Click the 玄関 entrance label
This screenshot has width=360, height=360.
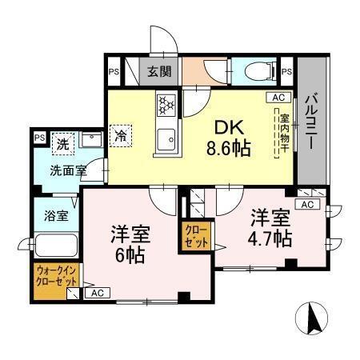pos(159,71)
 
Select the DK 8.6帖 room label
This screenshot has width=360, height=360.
pos(229,138)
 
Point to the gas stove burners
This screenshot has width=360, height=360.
pos(166,106)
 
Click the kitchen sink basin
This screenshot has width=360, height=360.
pos(166,139)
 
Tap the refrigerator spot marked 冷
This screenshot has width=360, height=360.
pos(121,136)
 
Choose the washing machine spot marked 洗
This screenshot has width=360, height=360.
pos(63,144)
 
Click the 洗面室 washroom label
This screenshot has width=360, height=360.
pos(68,170)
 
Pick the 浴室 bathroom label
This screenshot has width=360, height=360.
pos(56,215)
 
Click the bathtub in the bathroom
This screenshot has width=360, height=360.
pos(56,246)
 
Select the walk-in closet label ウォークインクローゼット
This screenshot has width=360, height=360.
pos(57,276)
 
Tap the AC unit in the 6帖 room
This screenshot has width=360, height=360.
pos(98,293)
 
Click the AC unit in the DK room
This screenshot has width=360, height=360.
pos(278,98)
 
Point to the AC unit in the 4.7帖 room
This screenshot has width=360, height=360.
pos(307,204)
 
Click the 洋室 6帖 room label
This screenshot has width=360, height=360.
pos(130,244)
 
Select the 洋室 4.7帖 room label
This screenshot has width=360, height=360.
pos(270,228)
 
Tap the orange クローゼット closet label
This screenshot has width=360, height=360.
pos(196,236)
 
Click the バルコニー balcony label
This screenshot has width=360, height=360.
pos(311,122)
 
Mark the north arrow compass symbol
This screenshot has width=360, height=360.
pos(311,318)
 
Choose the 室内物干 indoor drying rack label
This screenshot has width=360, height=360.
pos(284,134)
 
